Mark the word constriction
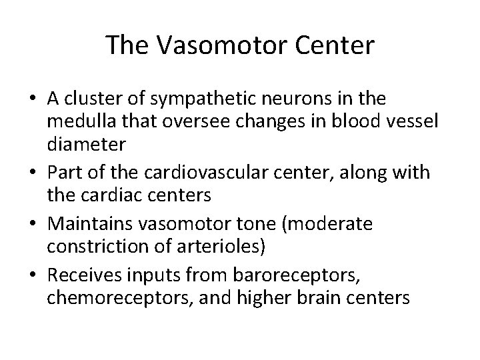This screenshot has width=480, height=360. click(x=92, y=247)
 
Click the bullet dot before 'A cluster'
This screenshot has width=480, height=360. click(x=33, y=100)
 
